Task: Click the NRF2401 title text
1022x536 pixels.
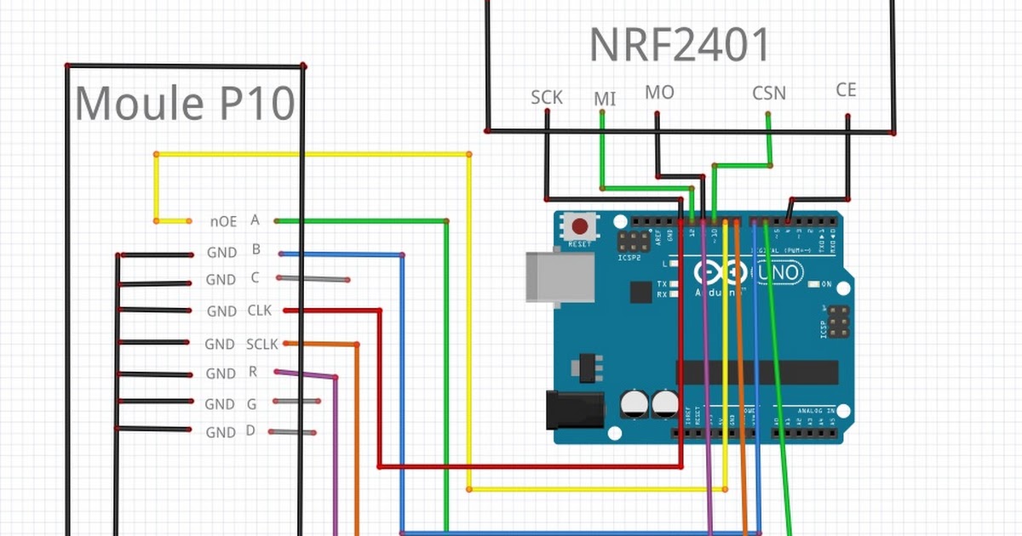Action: [x=680, y=46]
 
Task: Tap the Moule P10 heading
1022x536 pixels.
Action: [x=185, y=104]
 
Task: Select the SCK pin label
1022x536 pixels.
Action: [x=547, y=97]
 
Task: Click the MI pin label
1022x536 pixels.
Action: [x=605, y=100]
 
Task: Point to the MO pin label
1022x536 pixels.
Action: [x=659, y=92]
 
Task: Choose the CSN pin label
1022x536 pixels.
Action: [x=768, y=93]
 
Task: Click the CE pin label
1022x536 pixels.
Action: [x=846, y=89]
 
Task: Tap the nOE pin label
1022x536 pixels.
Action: [x=223, y=222]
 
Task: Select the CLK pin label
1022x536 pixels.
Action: [x=260, y=311]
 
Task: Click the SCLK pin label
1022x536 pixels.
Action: [x=262, y=344]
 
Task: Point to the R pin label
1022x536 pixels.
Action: [x=253, y=372]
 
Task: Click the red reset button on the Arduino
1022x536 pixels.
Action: [x=580, y=227]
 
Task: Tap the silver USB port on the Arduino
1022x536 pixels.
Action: [x=559, y=277]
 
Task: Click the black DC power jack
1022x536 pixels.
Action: [x=575, y=408]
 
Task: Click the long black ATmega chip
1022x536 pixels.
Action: [x=758, y=372]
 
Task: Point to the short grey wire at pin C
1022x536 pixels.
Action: [x=313, y=279]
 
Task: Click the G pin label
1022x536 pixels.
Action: [x=251, y=402]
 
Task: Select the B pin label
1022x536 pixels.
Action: [x=255, y=250]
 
